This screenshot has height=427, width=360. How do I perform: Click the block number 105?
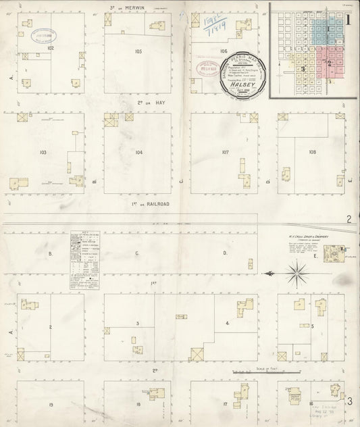pyautogui.click(x=138, y=51)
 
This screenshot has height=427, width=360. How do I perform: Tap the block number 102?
pyautogui.click(x=51, y=48)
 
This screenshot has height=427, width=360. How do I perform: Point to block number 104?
pyautogui.click(x=138, y=153)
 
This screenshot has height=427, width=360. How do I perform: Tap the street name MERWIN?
pyautogui.click(x=143, y=8)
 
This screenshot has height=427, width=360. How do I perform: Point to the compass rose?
pyautogui.click(x=295, y=273)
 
